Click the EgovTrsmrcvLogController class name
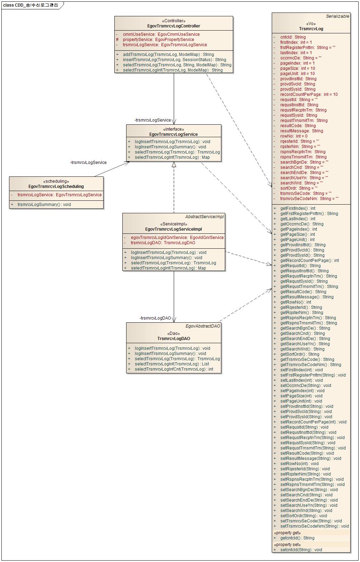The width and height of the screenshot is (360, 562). (x=174, y=26)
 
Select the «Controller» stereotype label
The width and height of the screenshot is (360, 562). (x=174, y=21)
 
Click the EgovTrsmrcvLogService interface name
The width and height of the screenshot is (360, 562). (x=173, y=134)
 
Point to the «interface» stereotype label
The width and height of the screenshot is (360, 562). (x=173, y=129)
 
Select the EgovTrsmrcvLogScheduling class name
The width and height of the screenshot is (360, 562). (x=56, y=187)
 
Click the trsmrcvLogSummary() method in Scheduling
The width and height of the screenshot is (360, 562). (x=44, y=205)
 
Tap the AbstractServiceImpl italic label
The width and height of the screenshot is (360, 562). (x=204, y=217)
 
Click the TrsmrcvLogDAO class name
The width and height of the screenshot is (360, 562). (x=173, y=339)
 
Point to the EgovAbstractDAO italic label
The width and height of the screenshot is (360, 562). (x=203, y=326)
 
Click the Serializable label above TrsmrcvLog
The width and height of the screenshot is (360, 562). (x=337, y=16)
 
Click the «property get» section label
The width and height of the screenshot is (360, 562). (x=287, y=533)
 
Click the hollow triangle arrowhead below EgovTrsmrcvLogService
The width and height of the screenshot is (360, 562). (x=174, y=165)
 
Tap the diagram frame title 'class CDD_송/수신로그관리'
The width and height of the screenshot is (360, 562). (x=31, y=5)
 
